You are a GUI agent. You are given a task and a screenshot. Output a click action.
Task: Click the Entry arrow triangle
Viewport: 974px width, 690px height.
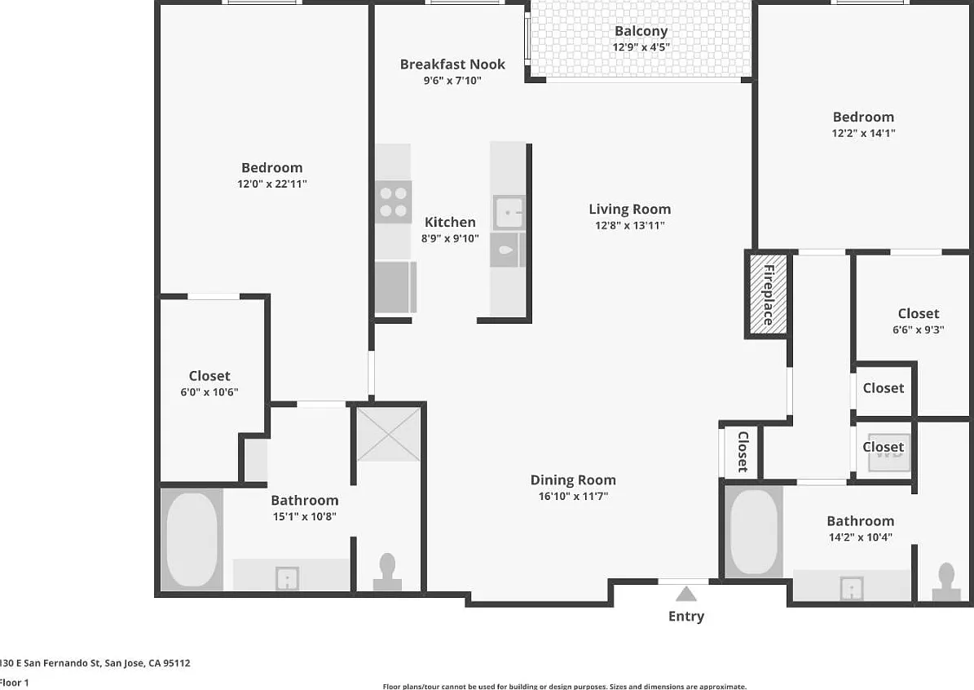tap(685, 595)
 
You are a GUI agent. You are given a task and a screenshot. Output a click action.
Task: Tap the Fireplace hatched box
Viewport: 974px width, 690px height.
tap(768, 294)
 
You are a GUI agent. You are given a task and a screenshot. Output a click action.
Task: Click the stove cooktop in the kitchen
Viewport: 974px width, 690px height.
tap(393, 202)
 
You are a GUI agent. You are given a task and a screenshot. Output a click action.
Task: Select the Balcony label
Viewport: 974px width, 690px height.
tap(641, 30)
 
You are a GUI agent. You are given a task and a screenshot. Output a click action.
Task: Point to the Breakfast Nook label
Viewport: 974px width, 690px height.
tap(452, 64)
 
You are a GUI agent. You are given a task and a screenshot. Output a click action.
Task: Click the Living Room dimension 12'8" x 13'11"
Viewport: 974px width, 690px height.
tap(630, 225)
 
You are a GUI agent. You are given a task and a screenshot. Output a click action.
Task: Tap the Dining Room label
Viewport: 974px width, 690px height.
tap(573, 480)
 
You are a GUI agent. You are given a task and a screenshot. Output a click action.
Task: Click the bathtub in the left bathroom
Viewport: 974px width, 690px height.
tap(192, 540)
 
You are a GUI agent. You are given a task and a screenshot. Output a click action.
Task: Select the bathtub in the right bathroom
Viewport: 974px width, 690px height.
tap(753, 533)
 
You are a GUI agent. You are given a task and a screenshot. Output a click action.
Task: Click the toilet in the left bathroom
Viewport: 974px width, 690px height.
tap(387, 572)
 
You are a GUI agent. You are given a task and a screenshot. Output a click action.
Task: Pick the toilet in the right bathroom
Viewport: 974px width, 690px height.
tap(946, 582)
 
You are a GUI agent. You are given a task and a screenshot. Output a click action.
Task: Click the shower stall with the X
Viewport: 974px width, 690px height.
tap(389, 434)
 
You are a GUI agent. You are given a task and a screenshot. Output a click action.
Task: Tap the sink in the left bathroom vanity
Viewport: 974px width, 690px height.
tap(288, 579)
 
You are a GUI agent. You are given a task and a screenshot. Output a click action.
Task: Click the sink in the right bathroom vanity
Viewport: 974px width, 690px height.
tap(852, 588)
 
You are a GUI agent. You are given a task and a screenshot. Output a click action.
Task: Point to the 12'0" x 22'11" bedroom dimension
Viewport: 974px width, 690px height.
tap(272, 184)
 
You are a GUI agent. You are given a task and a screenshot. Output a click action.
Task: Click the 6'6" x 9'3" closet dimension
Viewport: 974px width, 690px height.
tap(918, 330)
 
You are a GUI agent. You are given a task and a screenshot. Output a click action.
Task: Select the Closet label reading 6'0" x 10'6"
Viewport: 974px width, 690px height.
tap(209, 376)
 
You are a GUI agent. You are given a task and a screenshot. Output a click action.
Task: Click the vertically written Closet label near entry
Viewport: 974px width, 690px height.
tap(743, 452)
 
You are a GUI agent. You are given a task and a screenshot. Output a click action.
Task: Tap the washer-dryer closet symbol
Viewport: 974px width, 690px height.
tap(889, 452)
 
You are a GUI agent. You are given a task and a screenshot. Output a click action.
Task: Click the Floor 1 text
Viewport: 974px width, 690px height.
tap(15, 683)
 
